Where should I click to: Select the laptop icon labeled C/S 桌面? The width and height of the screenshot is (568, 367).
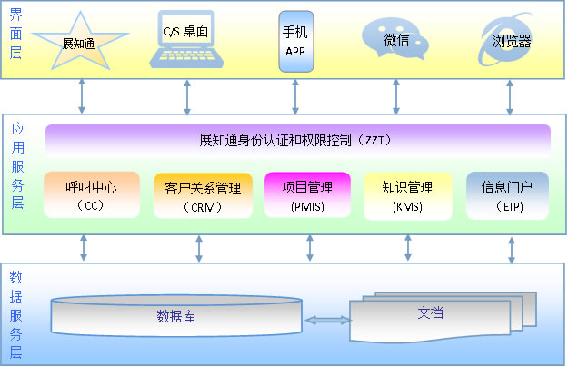pyautogui.click(x=186, y=41)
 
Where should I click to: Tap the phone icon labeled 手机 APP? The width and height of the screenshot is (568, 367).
pyautogui.click(x=294, y=41)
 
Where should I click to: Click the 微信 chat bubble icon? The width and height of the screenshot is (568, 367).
pyautogui.click(x=395, y=40)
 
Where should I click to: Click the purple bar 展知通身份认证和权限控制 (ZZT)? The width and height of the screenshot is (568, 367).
pyautogui.click(x=297, y=141)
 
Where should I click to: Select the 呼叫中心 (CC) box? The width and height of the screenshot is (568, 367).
pyautogui.click(x=88, y=194)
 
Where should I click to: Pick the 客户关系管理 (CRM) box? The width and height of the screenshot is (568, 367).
pyautogui.click(x=203, y=194)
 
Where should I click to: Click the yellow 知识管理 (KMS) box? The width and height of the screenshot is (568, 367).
pyautogui.click(x=406, y=194)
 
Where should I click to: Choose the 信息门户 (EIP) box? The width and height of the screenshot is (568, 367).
pyautogui.click(x=507, y=194)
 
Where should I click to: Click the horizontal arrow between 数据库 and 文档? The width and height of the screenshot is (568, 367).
pyautogui.click(x=328, y=320)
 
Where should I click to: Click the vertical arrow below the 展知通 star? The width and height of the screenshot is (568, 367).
pyautogui.click(x=83, y=95)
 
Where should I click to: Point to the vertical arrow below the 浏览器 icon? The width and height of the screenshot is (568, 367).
pyautogui.click(x=511, y=95)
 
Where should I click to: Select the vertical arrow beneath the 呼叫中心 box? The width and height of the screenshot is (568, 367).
pyautogui.click(x=84, y=247)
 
